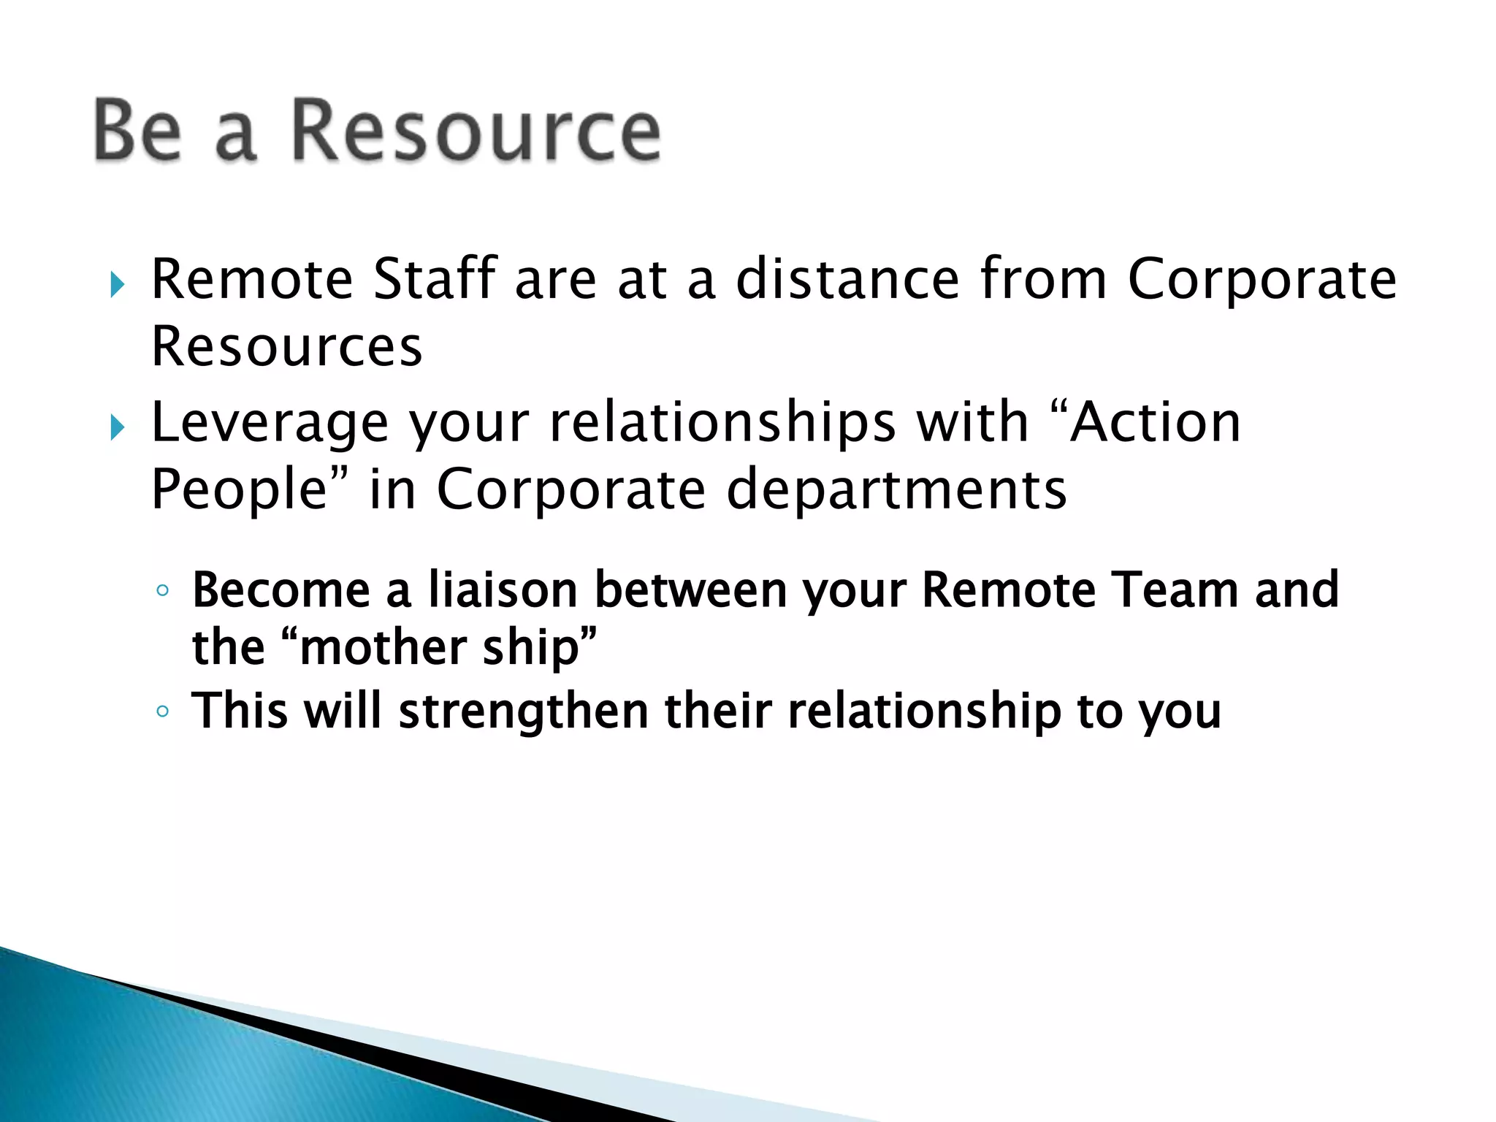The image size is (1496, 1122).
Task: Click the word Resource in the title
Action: [x=476, y=131]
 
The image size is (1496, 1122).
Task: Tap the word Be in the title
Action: [x=137, y=131]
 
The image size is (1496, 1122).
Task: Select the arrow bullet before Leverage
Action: [x=116, y=428]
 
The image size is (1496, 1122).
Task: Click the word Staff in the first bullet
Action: [x=435, y=279]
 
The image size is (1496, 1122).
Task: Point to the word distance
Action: [x=847, y=279]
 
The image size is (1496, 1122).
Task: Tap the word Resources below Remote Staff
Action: [x=286, y=346]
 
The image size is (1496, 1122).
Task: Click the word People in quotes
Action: [x=238, y=489]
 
